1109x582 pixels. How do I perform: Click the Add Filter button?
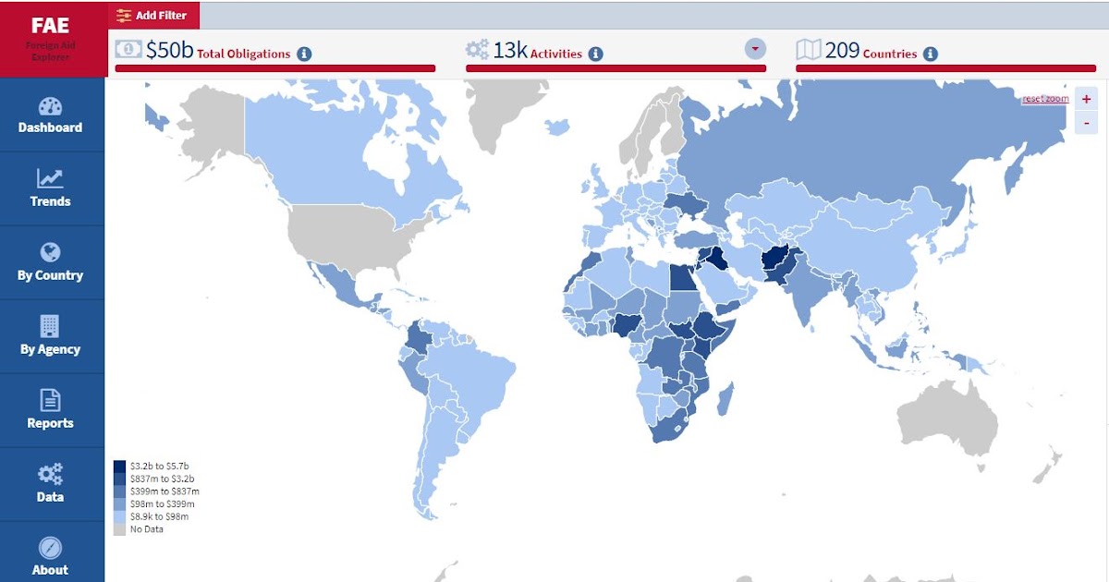pos(153,16)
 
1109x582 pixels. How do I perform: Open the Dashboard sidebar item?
pos(51,115)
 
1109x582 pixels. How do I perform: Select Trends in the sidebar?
pos(51,188)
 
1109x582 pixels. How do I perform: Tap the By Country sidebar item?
pos(51,262)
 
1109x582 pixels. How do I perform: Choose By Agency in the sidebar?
pos(51,336)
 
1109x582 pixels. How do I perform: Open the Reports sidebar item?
pos(51,410)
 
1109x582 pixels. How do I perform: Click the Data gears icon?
pos(50,475)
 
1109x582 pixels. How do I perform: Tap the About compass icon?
pos(50,547)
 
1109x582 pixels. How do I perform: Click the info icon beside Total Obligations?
pos(304,54)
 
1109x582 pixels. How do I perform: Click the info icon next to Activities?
pos(596,54)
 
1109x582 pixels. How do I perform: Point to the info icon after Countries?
pos(931,54)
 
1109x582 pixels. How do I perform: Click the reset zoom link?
pos(1045,99)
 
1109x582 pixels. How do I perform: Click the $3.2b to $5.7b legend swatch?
pos(120,467)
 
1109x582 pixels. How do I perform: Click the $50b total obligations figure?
pos(170,50)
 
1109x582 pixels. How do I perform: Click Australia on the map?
pos(947,425)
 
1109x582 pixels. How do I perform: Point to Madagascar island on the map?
pos(726,400)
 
